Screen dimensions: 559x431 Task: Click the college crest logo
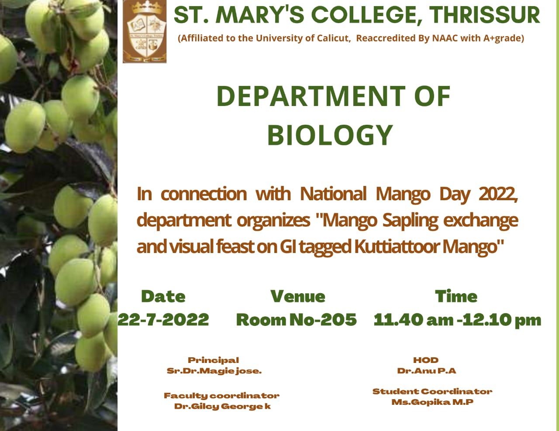tap(145, 31)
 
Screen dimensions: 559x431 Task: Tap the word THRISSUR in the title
tap(485, 15)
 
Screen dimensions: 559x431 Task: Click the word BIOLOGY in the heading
tap(331, 135)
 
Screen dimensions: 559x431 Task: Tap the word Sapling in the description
tap(410, 221)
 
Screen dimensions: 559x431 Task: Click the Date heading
tap(163, 296)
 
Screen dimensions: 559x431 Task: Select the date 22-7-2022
tap(163, 320)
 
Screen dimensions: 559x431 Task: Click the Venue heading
tap(298, 296)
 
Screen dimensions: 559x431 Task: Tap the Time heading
tap(456, 296)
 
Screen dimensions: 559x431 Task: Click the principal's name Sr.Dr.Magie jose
tap(214, 371)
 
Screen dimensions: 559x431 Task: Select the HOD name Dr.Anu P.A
tap(427, 371)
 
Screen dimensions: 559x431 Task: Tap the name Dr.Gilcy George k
tap(222, 407)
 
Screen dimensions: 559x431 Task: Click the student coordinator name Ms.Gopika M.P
tap(432, 402)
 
